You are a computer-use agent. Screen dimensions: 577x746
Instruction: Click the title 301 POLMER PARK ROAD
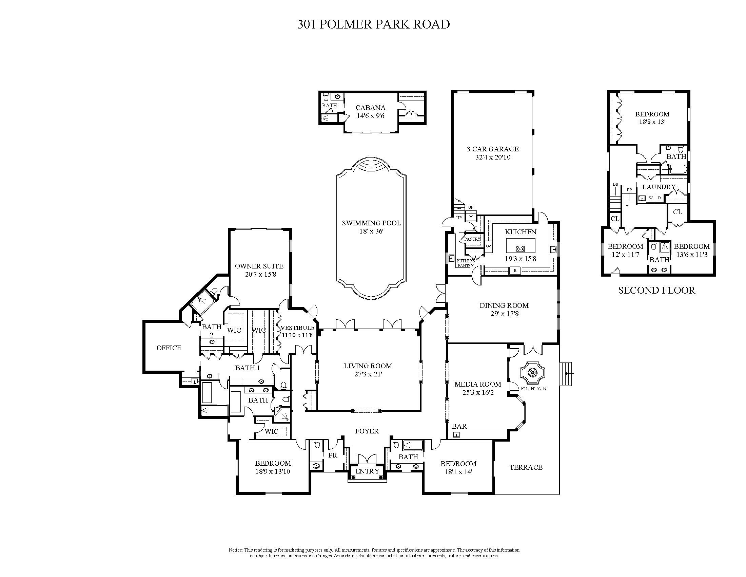coord(373,24)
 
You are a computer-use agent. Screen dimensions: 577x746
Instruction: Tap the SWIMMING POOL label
coord(371,223)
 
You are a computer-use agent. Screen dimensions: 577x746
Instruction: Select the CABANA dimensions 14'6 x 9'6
coord(371,116)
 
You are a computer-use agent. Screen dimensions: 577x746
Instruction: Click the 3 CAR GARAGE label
coord(493,149)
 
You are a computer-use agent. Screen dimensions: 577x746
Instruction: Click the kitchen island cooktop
coord(521,248)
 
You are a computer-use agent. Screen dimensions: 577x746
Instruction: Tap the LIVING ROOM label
coord(368,366)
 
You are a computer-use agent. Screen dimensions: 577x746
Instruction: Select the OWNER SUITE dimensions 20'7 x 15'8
coord(260,274)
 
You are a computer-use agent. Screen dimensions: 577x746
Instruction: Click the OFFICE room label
coord(169,348)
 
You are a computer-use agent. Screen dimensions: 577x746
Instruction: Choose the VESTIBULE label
coord(297,328)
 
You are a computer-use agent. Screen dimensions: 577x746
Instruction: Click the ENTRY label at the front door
coord(367,471)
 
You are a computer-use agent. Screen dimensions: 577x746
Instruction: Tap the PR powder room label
coord(333,455)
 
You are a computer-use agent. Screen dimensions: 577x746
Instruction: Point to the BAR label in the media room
coord(459,426)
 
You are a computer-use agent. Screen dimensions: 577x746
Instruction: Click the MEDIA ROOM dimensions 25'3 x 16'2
coord(478,393)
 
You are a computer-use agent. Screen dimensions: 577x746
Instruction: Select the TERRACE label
coord(526,467)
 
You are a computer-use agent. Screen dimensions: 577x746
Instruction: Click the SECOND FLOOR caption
coord(656,291)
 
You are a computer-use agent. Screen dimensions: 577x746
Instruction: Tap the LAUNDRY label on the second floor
coord(659,187)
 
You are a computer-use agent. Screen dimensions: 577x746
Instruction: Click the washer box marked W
coord(650,198)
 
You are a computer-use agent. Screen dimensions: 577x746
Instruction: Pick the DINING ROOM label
coord(504,305)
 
